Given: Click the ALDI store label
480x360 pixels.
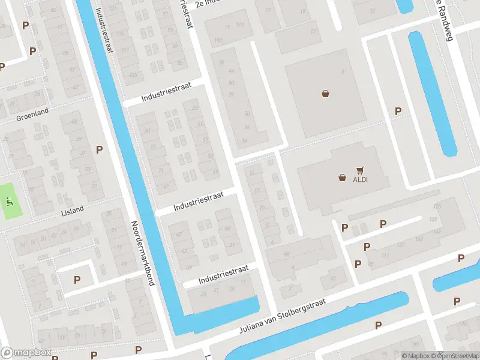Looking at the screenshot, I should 360,179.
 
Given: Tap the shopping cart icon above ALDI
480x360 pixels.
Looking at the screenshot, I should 360,170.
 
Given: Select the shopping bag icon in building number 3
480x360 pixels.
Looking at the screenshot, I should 325,94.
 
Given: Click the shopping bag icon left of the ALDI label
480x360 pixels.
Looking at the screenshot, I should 342,178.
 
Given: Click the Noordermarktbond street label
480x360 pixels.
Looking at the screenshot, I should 142,252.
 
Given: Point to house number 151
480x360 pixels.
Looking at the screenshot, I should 434,219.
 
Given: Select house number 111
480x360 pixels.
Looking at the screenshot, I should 385,256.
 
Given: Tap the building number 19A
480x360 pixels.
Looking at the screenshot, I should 241,25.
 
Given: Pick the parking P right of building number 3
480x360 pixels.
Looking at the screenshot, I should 398,111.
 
